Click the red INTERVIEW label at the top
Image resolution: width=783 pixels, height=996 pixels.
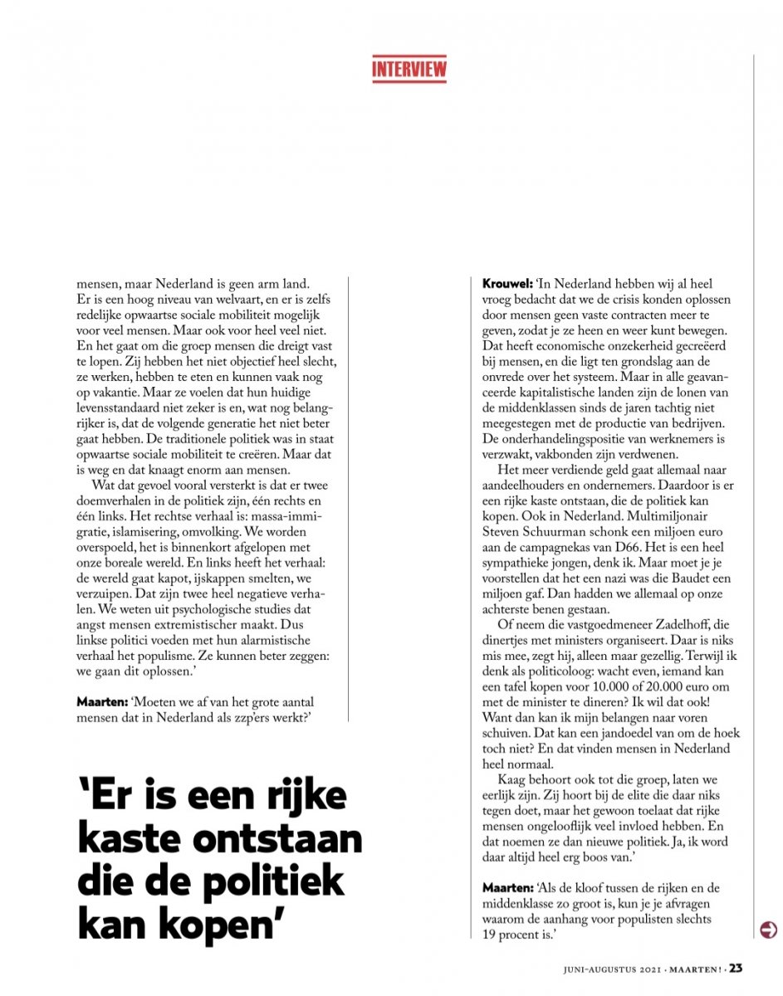click(409, 69)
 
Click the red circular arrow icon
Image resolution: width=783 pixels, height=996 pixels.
click(768, 929)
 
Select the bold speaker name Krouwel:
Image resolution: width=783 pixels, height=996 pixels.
click(507, 284)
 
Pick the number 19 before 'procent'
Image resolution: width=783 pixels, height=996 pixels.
click(491, 935)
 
